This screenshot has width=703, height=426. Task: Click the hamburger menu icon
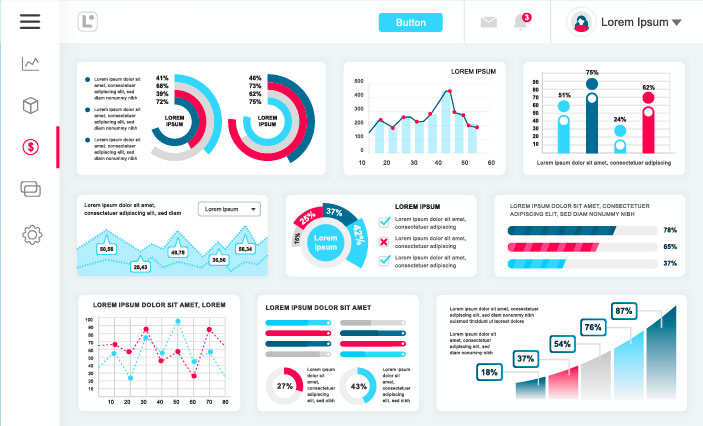[x=30, y=21]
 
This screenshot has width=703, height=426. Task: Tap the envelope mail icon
[x=488, y=22]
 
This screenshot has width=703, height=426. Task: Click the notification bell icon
[x=520, y=22]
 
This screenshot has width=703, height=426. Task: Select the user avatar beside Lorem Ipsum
[x=581, y=22]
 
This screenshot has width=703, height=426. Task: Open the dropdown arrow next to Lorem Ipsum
[x=676, y=22]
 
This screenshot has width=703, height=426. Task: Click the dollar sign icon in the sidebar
[x=31, y=147]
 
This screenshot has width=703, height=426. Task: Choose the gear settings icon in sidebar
[x=31, y=234]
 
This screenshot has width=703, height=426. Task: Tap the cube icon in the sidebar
[x=31, y=105]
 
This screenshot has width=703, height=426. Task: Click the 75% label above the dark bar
[x=592, y=73]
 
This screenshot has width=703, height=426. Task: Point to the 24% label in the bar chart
[x=620, y=120]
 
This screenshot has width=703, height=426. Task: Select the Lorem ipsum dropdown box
[x=229, y=209]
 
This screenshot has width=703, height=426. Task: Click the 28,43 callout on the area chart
[x=140, y=267]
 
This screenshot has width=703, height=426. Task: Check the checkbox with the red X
[x=383, y=240]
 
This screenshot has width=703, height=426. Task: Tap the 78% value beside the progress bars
[x=670, y=230]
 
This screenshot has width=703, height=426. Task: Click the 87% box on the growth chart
[x=625, y=311]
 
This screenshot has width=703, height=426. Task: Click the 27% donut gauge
[x=285, y=386]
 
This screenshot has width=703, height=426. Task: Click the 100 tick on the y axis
[x=89, y=322]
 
